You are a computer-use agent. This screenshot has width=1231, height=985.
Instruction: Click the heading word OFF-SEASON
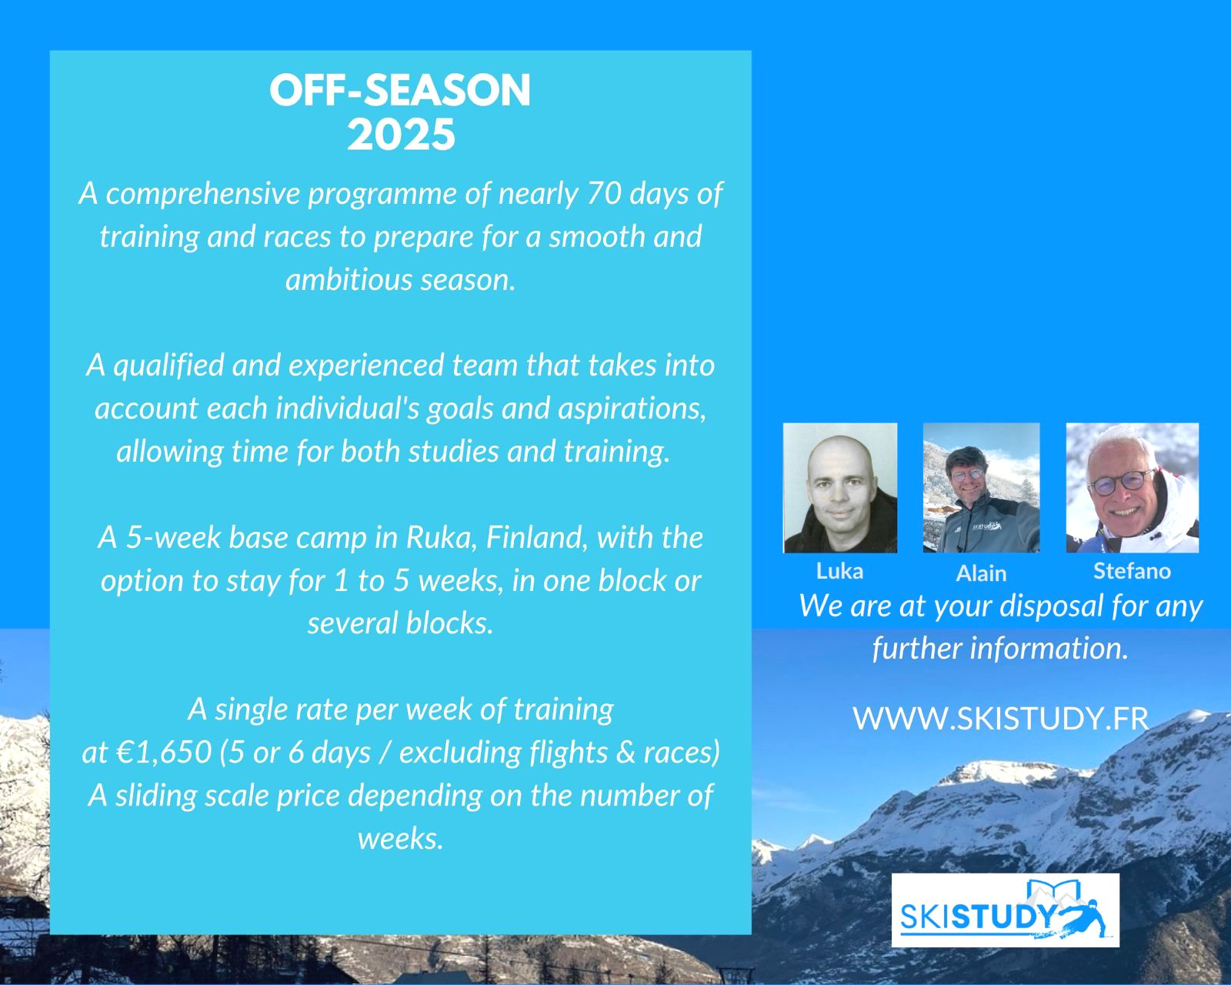[400, 91]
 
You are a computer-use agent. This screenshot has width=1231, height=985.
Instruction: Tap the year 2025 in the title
[401, 135]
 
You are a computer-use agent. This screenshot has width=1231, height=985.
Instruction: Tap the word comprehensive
[202, 194]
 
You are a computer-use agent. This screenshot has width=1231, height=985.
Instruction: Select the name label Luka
[839, 571]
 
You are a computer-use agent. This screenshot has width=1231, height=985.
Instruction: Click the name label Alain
[981, 573]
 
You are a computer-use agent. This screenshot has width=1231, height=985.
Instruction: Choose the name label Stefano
[1132, 571]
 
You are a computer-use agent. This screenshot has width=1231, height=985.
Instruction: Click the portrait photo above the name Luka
[839, 488]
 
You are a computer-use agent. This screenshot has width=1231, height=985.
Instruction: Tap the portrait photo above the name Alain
[981, 488]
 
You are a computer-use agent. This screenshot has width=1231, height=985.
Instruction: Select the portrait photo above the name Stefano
[1132, 488]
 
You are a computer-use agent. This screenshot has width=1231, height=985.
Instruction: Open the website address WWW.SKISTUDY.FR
[1000, 719]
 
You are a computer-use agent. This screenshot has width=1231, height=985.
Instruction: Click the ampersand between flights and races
[625, 753]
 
